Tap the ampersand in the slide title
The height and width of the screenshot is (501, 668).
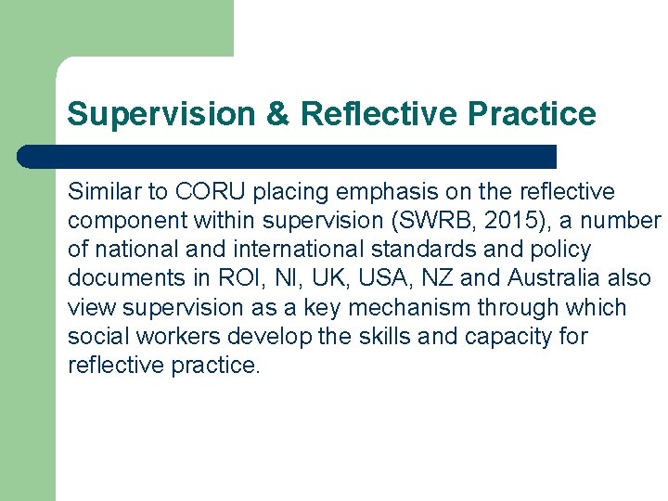coord(277,115)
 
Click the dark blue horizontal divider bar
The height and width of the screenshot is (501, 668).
coord(288,157)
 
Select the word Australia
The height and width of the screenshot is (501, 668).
coord(550,278)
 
